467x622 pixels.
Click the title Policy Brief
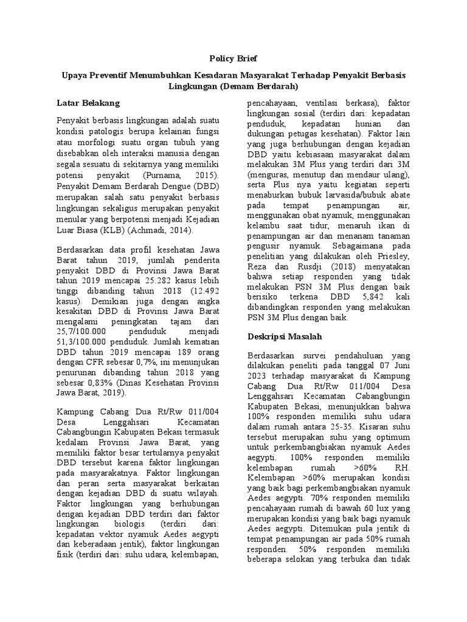pyautogui.click(x=233, y=58)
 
